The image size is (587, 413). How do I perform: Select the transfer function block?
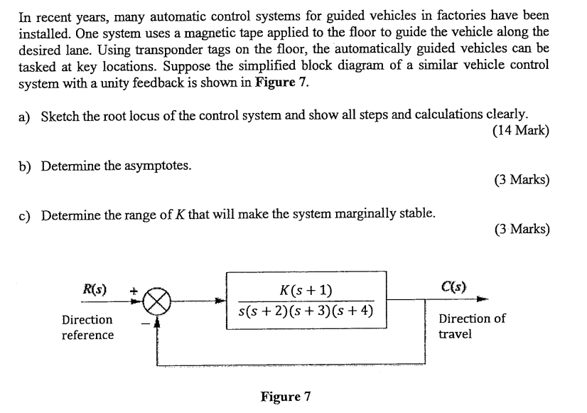pos(306,300)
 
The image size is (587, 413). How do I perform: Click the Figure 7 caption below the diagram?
pos(286,396)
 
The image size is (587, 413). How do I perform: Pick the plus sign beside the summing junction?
pos(133,291)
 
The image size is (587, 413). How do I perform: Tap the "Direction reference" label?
pos(87,327)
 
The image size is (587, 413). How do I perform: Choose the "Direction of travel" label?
pos(471,326)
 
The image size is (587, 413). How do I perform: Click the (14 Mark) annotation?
pos(520,131)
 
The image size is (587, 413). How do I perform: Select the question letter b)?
pos(25,166)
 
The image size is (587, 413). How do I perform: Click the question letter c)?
pos(25,214)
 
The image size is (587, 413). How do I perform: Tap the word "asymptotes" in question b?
pos(158,166)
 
